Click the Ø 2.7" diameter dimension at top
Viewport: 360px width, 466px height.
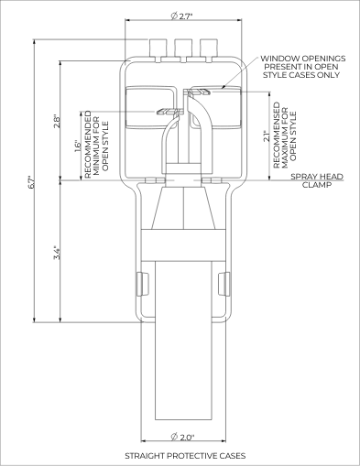(x=181, y=16)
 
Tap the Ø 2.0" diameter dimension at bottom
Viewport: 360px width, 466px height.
(x=182, y=437)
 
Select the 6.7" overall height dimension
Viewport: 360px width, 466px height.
(x=31, y=182)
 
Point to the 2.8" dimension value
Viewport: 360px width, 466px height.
(x=57, y=121)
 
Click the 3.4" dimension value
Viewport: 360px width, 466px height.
(x=57, y=253)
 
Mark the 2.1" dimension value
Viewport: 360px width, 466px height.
(x=267, y=136)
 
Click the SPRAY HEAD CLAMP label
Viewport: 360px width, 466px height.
(x=317, y=180)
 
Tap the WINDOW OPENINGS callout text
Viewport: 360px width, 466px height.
(x=302, y=67)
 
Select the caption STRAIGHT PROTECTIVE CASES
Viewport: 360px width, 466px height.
(x=185, y=456)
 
